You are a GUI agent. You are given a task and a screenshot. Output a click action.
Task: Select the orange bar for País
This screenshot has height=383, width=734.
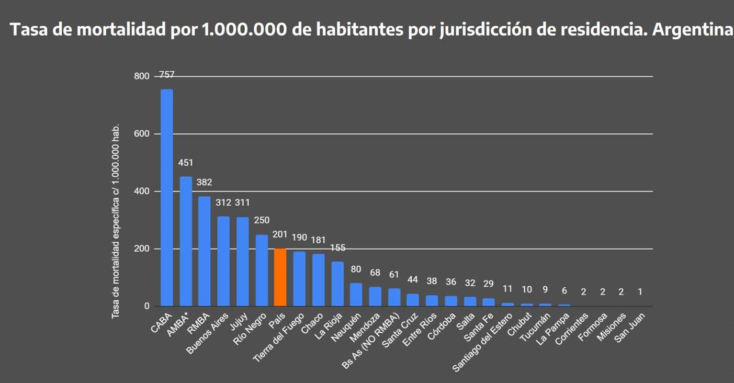tap(280, 277)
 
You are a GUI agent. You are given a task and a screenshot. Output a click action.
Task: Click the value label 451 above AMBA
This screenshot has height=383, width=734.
tap(186, 163)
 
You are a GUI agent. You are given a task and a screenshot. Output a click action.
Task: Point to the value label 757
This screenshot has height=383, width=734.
tap(166, 75)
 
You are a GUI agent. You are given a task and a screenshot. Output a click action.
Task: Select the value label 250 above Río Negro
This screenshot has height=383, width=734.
tap(262, 220)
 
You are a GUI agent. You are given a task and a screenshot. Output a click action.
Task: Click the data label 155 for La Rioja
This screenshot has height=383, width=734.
tap(337, 248)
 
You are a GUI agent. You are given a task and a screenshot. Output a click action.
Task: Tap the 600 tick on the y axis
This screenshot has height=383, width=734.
tap(142, 134)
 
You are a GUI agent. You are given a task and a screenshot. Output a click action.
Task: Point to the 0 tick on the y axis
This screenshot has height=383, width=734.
tap(146, 306)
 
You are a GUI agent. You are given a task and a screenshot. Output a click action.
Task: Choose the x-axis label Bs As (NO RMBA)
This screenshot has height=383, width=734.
tap(371, 341)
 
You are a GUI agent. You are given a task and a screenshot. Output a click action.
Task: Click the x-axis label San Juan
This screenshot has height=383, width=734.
tap(630, 328)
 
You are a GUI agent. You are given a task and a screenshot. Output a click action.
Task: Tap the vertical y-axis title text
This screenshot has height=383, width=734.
tap(116, 221)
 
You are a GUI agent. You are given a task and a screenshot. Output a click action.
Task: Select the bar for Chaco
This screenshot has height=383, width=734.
tap(318, 280)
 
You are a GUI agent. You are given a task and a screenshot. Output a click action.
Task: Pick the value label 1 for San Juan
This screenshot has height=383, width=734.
tap(640, 292)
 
